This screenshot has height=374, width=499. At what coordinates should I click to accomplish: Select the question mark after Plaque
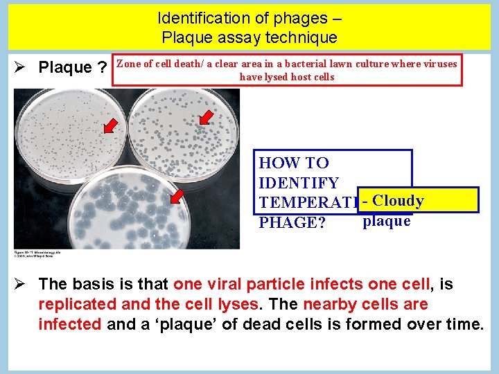(102, 68)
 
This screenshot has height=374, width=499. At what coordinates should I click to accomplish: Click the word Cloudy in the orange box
(399, 201)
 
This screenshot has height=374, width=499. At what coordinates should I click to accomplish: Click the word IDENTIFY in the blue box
(299, 184)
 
